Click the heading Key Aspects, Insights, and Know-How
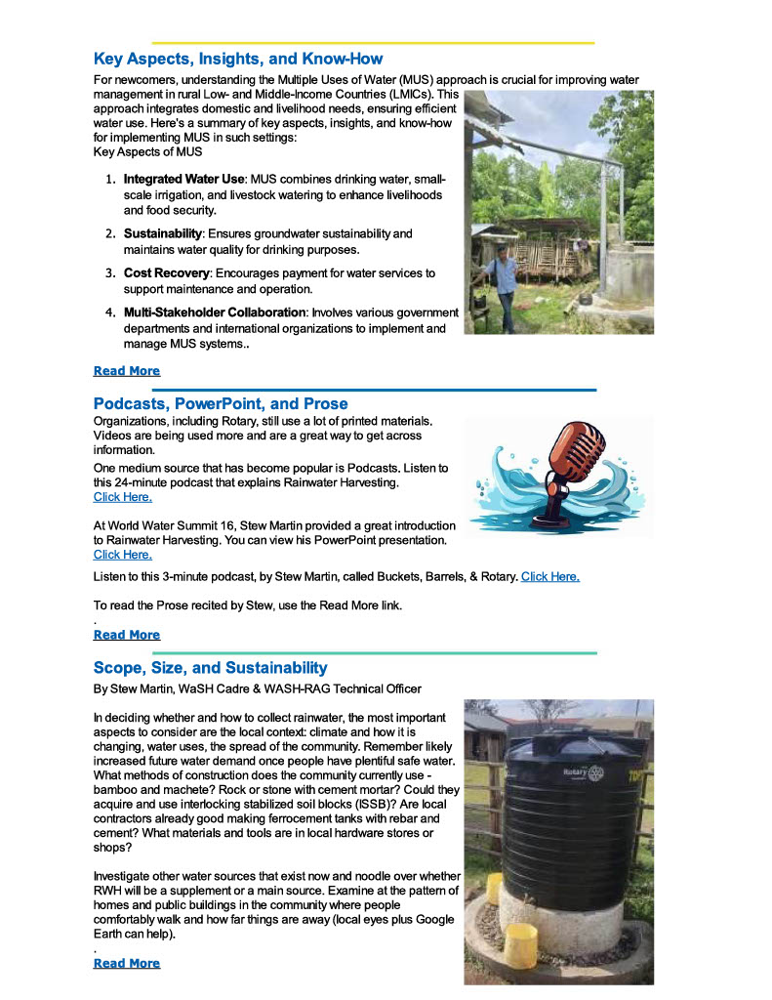[238, 59]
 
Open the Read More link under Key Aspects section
[126, 371]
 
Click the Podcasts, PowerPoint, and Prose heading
[221, 403]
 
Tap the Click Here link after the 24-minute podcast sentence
[122, 497]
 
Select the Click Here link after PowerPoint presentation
[122, 555]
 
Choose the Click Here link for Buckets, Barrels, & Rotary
[549, 576]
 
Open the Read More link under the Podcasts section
[126, 635]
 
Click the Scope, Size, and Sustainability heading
[210, 668]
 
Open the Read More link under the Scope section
[126, 963]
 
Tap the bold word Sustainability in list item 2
[162, 234]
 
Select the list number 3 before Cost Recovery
[110, 273]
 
